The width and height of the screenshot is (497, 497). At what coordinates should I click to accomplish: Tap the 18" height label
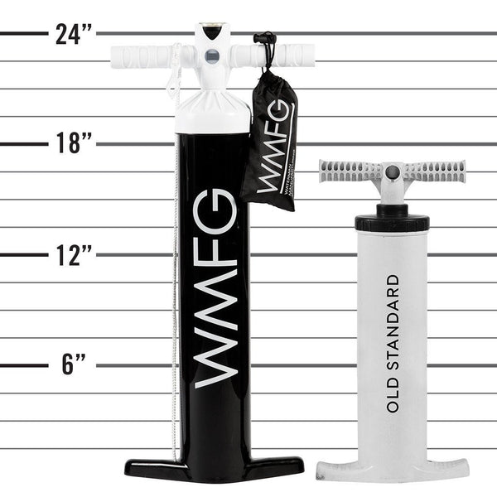click(74, 143)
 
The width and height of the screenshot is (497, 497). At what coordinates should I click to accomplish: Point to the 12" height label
click(74, 254)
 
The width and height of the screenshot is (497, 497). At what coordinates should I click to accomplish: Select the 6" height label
click(74, 364)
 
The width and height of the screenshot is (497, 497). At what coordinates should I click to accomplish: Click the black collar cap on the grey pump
click(392, 222)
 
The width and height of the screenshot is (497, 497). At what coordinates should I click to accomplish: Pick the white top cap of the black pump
click(212, 112)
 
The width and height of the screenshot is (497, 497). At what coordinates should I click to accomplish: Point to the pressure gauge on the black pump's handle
click(212, 57)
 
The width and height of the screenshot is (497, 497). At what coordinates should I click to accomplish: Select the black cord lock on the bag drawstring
click(264, 40)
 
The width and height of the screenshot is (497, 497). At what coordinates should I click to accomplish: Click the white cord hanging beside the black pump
click(175, 248)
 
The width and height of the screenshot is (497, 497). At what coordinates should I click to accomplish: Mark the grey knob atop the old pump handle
click(393, 172)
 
